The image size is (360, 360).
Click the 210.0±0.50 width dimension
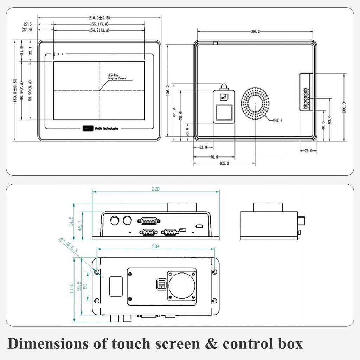point(99,17)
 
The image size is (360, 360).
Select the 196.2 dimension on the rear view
point(255,31)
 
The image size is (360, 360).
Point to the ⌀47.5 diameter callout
point(277,121)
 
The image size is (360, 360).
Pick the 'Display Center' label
point(117,78)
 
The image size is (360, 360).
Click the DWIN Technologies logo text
point(106,129)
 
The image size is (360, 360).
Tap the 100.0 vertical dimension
point(344,107)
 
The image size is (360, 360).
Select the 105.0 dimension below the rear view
point(224,163)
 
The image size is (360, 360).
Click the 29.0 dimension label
point(308,151)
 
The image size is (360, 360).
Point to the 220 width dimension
point(155,189)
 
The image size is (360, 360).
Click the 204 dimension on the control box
point(155,246)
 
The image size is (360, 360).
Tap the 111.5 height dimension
point(71,290)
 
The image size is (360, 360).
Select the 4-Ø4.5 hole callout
point(69,245)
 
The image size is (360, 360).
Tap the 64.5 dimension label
point(71,221)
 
